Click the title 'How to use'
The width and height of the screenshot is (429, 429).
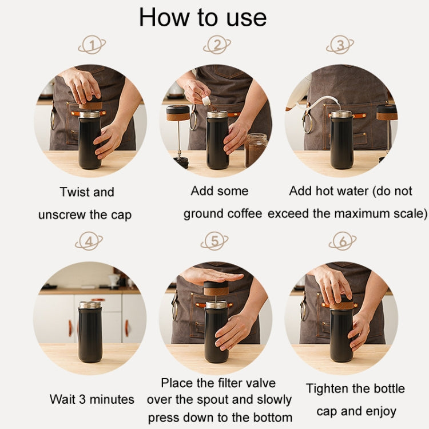(202, 17)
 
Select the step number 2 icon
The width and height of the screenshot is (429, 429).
(216, 45)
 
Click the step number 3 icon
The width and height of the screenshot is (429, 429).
(340, 45)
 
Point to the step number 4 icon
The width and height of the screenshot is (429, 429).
(89, 242)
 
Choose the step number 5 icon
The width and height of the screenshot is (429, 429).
(214, 242)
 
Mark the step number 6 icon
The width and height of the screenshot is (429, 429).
(343, 242)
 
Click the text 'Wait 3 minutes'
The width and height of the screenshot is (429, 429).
(92, 399)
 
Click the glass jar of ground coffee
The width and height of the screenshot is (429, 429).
(256, 149)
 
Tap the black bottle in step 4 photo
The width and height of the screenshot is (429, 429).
(90, 332)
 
